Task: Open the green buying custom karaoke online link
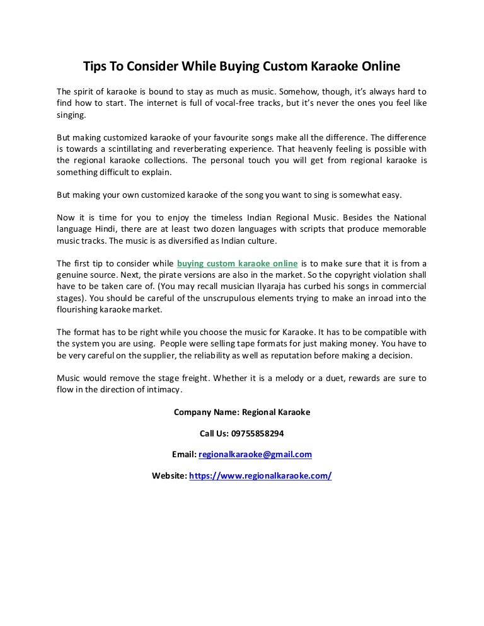[238, 263]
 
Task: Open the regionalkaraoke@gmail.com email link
[255, 454]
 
